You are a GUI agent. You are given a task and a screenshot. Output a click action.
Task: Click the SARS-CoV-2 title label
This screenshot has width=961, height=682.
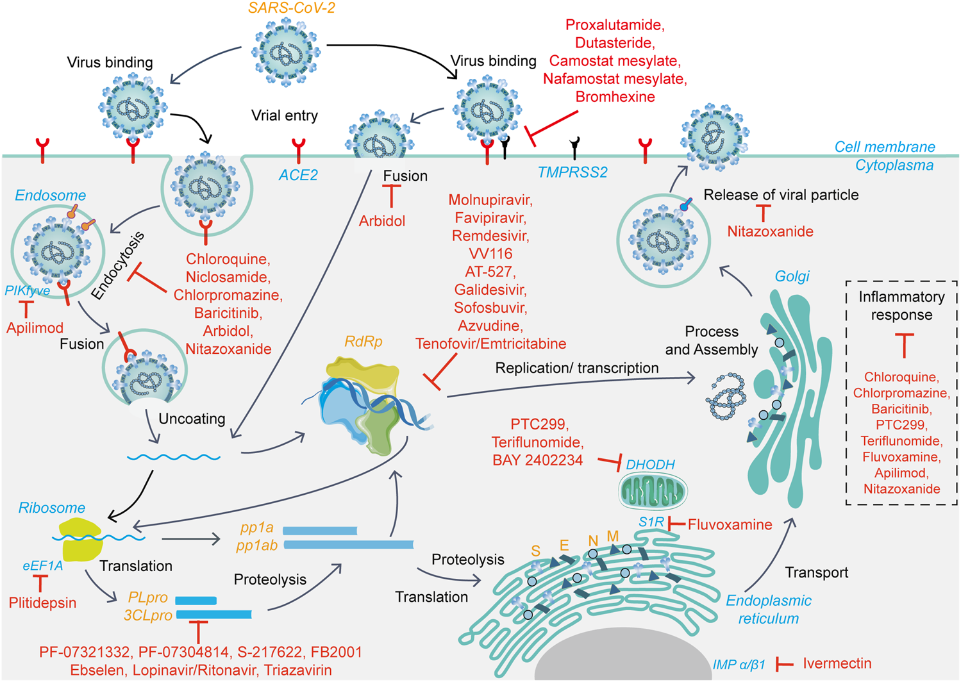coord(292,8)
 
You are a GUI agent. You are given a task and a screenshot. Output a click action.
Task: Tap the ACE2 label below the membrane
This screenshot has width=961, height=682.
coord(298,175)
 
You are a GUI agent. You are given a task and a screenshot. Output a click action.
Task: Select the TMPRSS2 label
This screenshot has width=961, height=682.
coord(572,172)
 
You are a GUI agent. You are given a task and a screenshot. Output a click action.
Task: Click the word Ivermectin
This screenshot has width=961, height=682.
coord(837,663)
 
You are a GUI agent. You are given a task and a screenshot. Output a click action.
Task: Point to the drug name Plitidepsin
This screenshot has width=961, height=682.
coord(42,603)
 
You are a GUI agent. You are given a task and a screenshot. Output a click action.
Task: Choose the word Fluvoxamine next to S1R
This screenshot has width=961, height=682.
coord(730,524)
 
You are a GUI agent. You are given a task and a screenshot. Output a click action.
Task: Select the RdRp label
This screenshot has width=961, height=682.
coord(364,342)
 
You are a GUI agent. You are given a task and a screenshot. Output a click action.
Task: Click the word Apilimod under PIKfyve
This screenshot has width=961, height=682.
coord(35,328)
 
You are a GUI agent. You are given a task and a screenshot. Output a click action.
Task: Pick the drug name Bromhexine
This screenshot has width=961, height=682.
coord(615,97)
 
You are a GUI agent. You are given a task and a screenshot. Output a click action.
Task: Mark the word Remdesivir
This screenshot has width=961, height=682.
coord(490,236)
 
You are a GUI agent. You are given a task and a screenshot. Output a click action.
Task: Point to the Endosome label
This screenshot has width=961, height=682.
coord(50,195)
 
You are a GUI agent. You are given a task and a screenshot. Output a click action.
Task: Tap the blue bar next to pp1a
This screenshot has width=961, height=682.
coord(320,531)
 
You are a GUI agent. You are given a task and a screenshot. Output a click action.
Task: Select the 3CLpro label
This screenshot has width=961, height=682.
coord(148,615)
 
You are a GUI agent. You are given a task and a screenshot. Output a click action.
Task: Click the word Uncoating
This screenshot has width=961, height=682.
coord(192,419)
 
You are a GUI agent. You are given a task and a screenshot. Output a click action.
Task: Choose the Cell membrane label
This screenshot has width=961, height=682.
coord(885,147)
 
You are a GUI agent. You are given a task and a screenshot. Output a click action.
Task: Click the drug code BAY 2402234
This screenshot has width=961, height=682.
coord(538,460)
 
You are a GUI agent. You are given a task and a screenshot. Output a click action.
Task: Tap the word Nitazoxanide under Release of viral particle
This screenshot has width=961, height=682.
coord(770,231)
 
